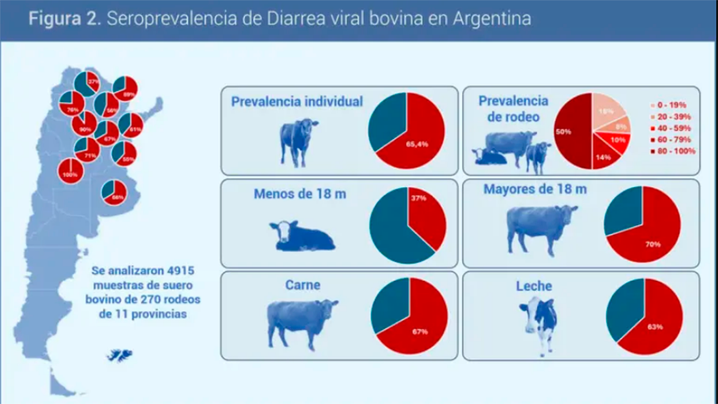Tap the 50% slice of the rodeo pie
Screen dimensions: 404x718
(572, 132)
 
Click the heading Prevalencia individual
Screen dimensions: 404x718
(298, 101)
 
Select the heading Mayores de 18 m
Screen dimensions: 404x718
(535, 189)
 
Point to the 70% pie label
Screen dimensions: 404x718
(653, 244)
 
